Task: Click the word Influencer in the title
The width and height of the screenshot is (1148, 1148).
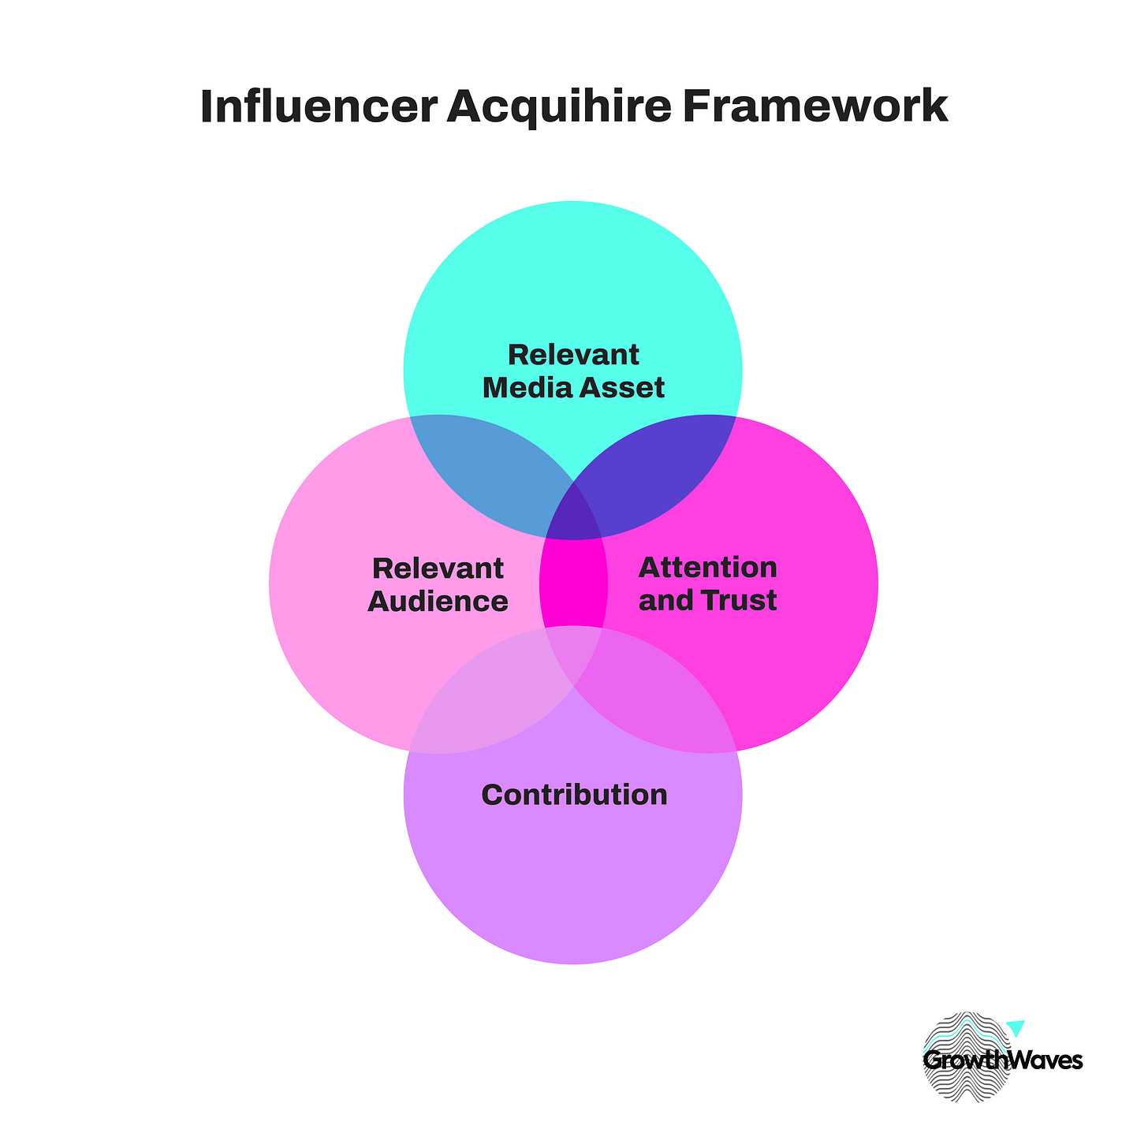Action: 317,107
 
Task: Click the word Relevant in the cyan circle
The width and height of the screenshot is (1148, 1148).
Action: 573,355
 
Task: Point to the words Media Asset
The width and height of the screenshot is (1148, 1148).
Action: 573,388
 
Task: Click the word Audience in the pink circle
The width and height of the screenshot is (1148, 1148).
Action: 438,602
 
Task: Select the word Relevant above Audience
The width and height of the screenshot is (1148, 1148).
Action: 438,568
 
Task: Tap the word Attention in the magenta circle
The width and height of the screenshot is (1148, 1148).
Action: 707,568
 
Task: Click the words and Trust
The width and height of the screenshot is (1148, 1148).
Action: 707,601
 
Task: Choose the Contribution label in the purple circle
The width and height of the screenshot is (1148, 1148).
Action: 574,795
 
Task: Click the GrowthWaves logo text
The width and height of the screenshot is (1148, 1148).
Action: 1002,1060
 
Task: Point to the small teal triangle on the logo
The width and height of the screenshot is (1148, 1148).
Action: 1016,1027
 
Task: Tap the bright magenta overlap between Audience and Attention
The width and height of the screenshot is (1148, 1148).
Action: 573,583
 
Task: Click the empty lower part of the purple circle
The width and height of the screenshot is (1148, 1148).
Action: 573,891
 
